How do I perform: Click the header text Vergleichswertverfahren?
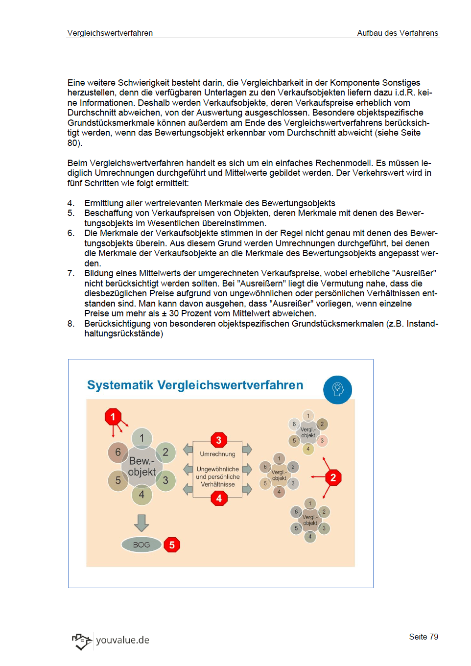pyautogui.click(x=110, y=33)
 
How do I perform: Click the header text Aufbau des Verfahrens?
pyautogui.click(x=398, y=33)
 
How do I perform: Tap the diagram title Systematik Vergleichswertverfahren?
pyautogui.click(x=195, y=385)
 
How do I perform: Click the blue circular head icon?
pyautogui.click(x=337, y=390)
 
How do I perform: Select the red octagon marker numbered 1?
pyautogui.click(x=113, y=417)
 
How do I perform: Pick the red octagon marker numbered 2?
pyautogui.click(x=333, y=477)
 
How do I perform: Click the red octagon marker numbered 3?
pyautogui.click(x=219, y=440)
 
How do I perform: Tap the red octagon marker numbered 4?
pyautogui.click(x=219, y=499)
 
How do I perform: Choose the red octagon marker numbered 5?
pyautogui.click(x=172, y=545)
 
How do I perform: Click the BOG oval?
pyautogui.click(x=141, y=545)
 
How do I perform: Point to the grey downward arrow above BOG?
pyautogui.click(x=141, y=523)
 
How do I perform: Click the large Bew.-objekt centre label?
pyautogui.click(x=142, y=466)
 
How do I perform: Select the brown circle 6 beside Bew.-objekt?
pyautogui.click(x=118, y=452)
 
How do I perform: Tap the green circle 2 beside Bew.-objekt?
pyautogui.click(x=165, y=452)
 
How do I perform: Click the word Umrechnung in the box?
pyautogui.click(x=217, y=454)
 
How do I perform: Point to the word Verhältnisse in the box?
pyautogui.click(x=217, y=484)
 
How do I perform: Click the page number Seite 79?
pyautogui.click(x=424, y=637)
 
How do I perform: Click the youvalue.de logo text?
pyautogui.click(x=122, y=640)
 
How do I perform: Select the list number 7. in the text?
pyautogui.click(x=71, y=273)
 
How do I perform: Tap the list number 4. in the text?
pyautogui.click(x=71, y=203)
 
